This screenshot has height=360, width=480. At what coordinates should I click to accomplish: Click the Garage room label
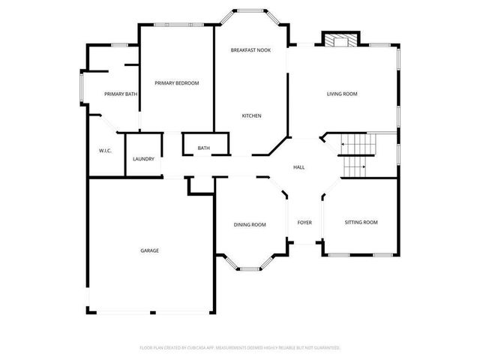coord(149,250)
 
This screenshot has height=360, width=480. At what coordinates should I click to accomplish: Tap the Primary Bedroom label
coord(177,83)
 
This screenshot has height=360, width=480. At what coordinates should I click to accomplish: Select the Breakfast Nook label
coord(250,49)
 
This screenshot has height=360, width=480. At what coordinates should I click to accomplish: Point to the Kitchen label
coord(251,115)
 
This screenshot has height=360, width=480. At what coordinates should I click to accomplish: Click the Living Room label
coord(341,94)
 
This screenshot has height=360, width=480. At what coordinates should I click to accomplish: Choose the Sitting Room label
coord(361,222)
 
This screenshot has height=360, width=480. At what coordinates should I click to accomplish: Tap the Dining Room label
coord(250,224)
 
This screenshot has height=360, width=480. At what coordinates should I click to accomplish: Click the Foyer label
coord(304,222)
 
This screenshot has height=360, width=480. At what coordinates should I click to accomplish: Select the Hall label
coord(298,167)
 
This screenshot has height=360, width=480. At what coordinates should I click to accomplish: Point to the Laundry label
coord(143,159)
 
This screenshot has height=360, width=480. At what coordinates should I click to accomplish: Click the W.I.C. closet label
coord(105,151)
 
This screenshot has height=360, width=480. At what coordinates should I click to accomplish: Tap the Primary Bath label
coord(121,94)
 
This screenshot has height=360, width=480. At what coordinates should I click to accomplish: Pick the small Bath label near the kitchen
coord(204,148)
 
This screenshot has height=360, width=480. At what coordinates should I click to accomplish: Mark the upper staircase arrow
coord(346,143)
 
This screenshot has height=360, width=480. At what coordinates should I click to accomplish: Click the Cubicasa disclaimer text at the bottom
coord(240,348)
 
